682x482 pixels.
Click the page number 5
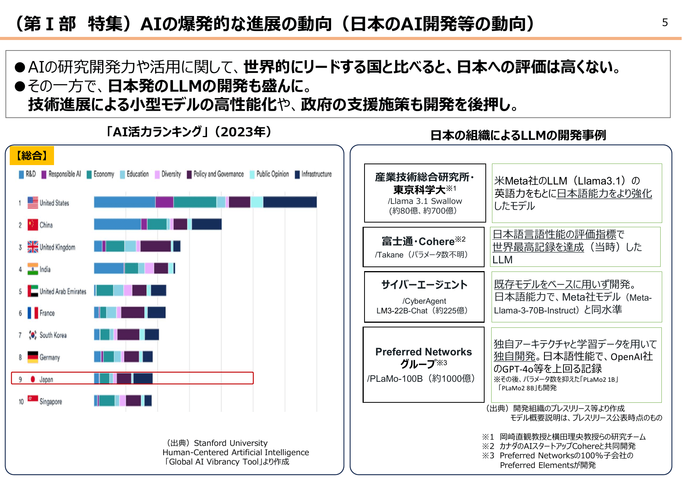click(665, 23)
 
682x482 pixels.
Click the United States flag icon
click(33, 202)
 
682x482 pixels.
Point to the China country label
click(46, 225)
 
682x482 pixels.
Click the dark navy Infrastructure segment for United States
click(290, 202)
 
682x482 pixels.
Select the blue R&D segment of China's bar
click(117, 224)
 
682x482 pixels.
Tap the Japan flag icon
click(33, 379)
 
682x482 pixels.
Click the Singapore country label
click(51, 401)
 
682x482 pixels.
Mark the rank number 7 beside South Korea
click(20, 335)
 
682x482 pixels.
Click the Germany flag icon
click(33, 357)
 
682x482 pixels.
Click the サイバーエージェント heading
click(424, 285)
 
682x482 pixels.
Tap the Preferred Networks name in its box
click(423, 352)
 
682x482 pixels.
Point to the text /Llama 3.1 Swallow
click(425, 201)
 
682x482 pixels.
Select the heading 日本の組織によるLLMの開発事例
click(518, 135)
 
